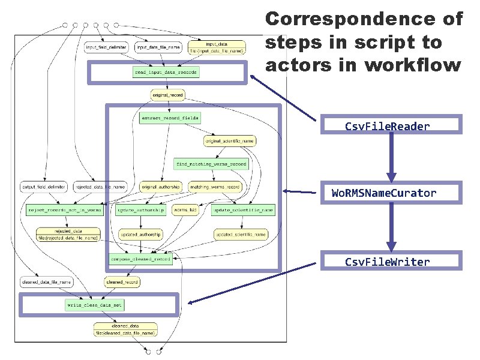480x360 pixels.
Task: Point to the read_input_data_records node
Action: [166, 72]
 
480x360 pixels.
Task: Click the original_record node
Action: [167, 95]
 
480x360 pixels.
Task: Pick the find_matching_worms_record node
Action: [211, 164]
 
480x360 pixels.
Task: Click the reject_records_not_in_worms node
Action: [65, 210]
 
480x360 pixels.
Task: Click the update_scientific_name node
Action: [242, 210]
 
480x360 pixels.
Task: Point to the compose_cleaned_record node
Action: [140, 259]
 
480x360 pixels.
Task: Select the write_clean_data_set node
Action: [94, 305]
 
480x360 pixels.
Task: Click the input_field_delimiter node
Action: [106, 47]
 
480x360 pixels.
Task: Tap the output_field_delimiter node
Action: [43, 187]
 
